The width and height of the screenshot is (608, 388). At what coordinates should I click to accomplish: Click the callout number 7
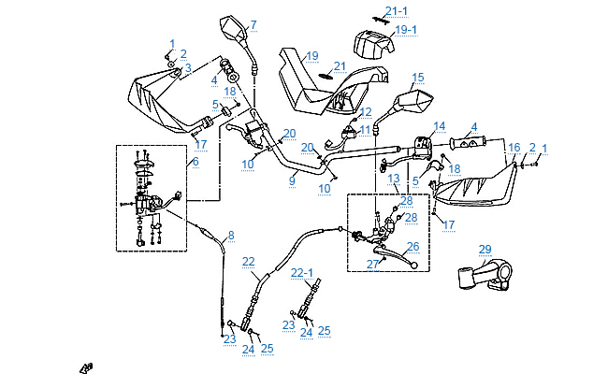[253, 23]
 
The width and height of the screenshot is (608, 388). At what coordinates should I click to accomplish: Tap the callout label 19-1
[406, 30]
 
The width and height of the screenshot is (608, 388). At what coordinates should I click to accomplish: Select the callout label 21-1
[397, 11]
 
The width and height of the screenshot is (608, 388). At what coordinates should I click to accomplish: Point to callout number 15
[418, 78]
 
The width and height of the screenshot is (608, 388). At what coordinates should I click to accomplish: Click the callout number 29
[485, 249]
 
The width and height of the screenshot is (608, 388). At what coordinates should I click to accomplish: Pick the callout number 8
[231, 235]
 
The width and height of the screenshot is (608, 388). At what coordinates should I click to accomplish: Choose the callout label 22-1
[302, 272]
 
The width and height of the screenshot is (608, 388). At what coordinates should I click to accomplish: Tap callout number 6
[195, 162]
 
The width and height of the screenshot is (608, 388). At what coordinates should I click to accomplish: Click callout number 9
[292, 180]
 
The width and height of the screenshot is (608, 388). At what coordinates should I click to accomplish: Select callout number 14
[439, 125]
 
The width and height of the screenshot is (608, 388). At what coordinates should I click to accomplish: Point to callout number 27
[371, 264]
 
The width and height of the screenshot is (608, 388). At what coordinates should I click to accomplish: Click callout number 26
[413, 247]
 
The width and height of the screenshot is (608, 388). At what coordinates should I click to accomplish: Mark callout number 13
[394, 178]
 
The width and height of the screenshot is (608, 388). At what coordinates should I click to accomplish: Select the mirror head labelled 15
[412, 98]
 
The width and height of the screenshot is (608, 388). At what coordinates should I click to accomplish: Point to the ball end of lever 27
[413, 265]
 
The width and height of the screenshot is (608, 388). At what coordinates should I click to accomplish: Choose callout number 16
[514, 148]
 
